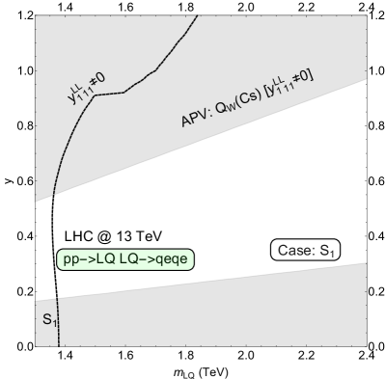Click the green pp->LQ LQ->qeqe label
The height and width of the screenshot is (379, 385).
(126, 258)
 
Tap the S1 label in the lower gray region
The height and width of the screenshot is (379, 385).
(48, 316)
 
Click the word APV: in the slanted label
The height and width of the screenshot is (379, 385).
(197, 118)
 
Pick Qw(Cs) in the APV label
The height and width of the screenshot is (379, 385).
(238, 101)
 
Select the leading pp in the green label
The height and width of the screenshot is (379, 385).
(69, 258)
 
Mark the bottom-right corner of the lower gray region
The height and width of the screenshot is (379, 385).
(366, 344)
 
